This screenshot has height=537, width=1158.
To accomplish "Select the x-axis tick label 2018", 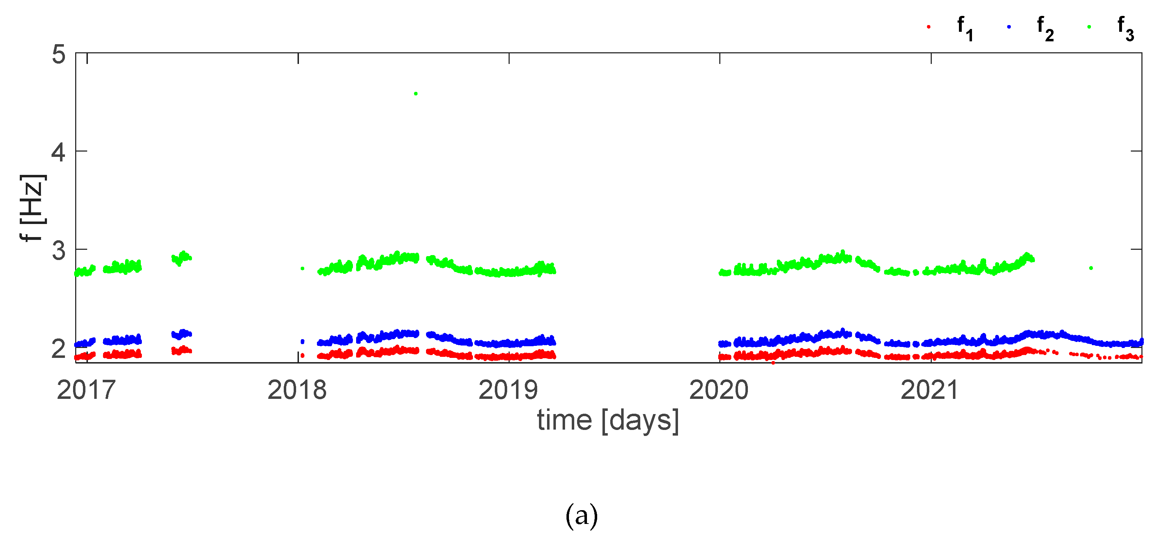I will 297,390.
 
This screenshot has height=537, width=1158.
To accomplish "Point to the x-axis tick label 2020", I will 719,390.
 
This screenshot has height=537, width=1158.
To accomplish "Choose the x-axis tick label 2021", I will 930,390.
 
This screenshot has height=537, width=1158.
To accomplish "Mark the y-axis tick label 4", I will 59,153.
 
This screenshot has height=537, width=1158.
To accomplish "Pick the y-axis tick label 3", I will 59,251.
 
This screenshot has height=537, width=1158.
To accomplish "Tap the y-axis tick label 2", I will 59,349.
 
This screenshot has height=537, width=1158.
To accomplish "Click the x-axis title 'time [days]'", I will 608,421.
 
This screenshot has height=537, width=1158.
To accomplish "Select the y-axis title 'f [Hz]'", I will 32,208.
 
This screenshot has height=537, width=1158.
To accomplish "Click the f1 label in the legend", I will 965,28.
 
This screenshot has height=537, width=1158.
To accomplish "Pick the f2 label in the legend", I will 1045,28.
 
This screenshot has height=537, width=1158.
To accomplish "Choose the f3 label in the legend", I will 1126,28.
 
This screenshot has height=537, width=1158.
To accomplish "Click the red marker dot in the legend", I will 928,27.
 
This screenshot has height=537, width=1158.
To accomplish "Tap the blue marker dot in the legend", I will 1009,27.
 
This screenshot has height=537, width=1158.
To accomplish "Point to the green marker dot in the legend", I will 1089,27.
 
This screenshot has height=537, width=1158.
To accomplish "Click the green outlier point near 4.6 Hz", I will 415,94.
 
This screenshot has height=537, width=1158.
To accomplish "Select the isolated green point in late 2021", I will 1091,268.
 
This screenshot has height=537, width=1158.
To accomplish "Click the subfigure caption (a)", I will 582,516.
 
